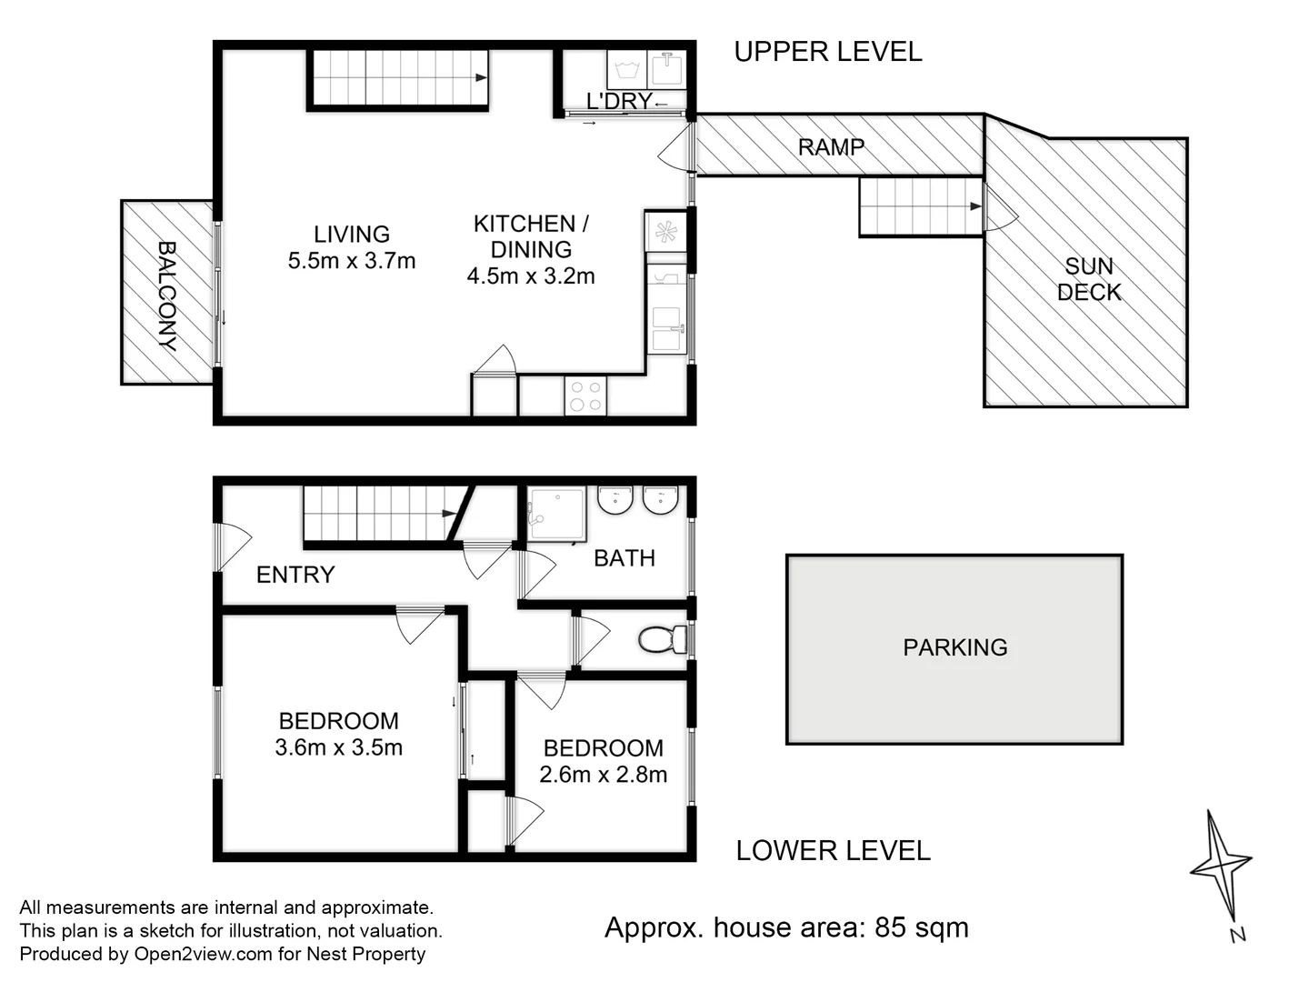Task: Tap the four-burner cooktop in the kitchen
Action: [585, 396]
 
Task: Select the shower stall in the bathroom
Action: [556, 515]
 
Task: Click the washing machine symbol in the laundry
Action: [626, 70]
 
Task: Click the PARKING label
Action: [954, 647]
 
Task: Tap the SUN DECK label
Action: [1089, 279]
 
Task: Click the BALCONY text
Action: [167, 296]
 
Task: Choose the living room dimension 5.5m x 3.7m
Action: [351, 261]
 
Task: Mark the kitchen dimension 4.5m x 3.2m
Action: [531, 276]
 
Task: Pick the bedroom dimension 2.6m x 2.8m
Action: [603, 774]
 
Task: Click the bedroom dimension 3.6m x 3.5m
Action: [339, 747]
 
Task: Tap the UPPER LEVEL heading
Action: [828, 52]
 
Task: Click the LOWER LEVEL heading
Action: [833, 851]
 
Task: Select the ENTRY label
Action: [295, 575]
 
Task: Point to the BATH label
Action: [625, 558]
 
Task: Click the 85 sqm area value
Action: [922, 927]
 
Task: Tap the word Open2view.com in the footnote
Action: [204, 954]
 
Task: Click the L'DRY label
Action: [619, 101]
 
